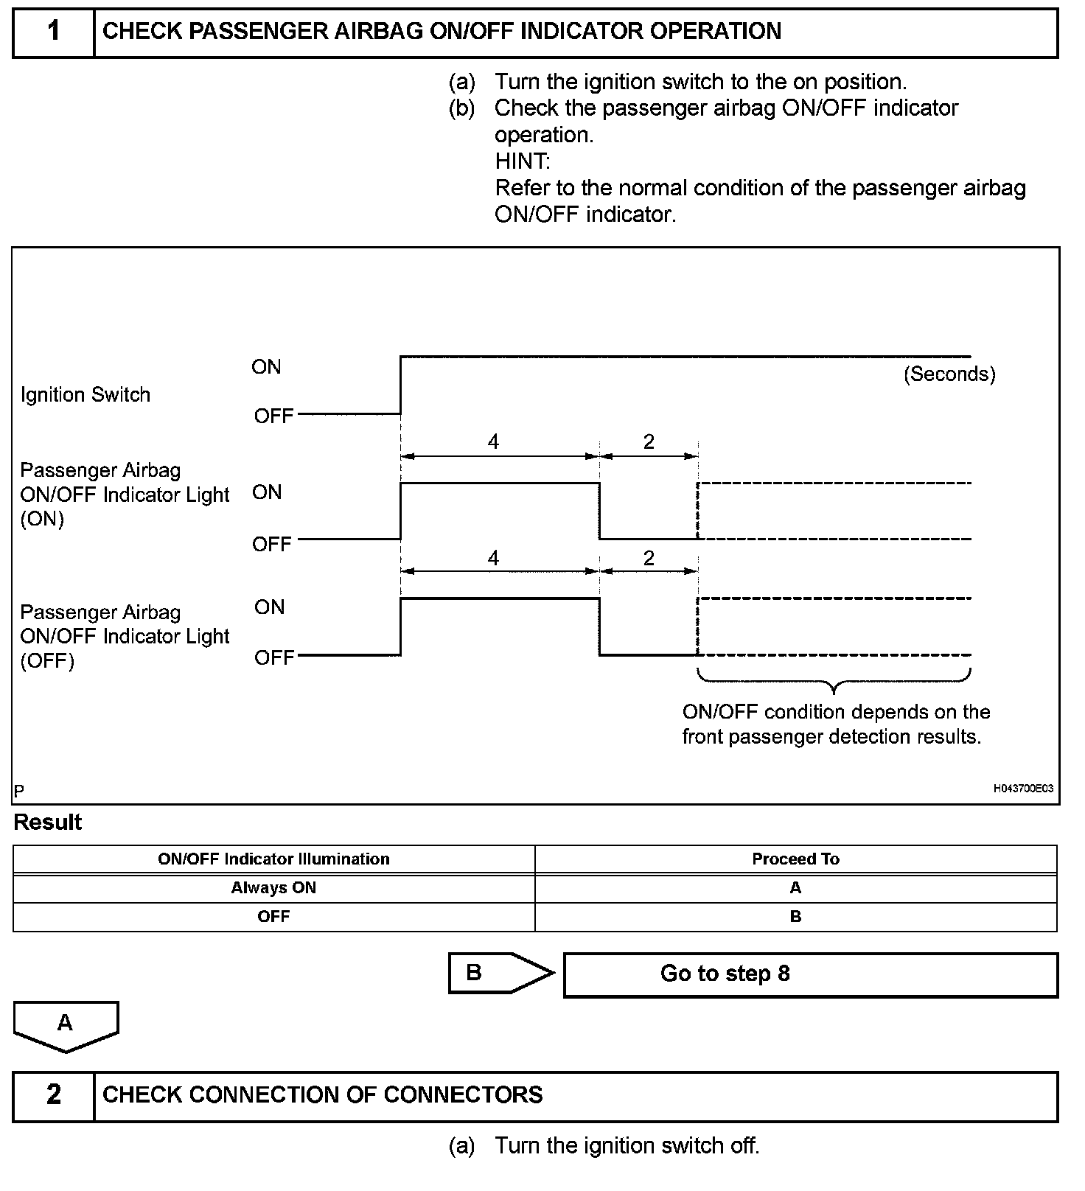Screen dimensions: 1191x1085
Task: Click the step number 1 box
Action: pyautogui.click(x=54, y=32)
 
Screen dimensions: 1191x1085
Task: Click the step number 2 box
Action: pyautogui.click(x=54, y=1096)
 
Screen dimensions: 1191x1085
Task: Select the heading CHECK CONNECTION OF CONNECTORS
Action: pyautogui.click(x=322, y=1095)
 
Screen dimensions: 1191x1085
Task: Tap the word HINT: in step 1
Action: pyautogui.click(x=523, y=161)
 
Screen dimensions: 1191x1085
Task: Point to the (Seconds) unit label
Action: pyautogui.click(x=949, y=374)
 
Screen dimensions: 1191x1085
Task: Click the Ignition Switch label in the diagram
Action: pyautogui.click(x=86, y=395)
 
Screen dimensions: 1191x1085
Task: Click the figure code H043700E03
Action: pyautogui.click(x=1023, y=789)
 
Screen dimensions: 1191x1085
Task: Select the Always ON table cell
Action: pyautogui.click(x=273, y=888)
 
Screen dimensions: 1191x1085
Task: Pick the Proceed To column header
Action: pyautogui.click(x=795, y=859)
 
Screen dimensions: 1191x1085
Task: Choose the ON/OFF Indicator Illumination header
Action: pyautogui.click(x=273, y=859)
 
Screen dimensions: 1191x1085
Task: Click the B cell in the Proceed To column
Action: pyautogui.click(x=795, y=917)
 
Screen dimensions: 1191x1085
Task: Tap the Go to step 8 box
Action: pyautogui.click(x=810, y=974)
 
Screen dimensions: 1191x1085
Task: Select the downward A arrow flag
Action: pyautogui.click(x=66, y=1024)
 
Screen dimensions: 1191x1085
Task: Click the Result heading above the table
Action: pyautogui.click(x=48, y=822)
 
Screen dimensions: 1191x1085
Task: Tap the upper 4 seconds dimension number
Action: pyautogui.click(x=493, y=441)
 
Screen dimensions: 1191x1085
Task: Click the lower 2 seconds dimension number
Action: pyautogui.click(x=649, y=558)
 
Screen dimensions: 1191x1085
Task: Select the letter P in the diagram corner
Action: pyautogui.click(x=19, y=791)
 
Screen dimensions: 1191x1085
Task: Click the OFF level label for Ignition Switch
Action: pyautogui.click(x=274, y=416)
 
